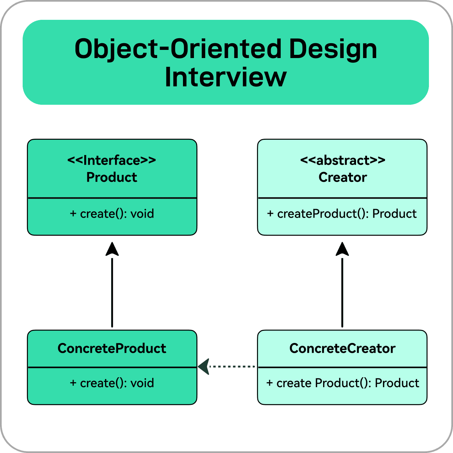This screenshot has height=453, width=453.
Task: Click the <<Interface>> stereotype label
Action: [112, 160]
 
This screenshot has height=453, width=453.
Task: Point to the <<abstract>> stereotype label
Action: [343, 160]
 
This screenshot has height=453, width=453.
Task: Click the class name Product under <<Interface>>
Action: [112, 177]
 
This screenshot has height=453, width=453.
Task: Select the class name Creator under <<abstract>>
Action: [343, 177]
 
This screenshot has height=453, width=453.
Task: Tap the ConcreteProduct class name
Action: [112, 349]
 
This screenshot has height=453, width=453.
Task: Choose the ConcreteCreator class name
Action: [342, 349]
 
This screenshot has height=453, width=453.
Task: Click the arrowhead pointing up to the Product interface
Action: [112, 250]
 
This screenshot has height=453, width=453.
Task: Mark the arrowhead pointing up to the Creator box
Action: [342, 250]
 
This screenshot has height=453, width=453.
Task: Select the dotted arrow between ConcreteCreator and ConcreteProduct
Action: [232, 367]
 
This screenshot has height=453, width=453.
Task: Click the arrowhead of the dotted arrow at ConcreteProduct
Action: [204, 367]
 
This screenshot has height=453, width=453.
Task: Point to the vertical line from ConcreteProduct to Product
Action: [112, 292]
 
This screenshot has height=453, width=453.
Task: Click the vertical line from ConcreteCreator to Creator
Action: [342, 292]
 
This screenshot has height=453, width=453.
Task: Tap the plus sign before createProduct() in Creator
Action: [270, 214]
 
